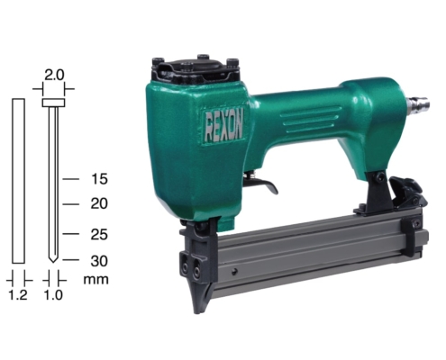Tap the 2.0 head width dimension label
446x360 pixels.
point(54,75)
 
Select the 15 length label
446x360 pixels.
point(99,179)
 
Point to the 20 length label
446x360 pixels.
point(99,203)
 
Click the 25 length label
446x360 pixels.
point(99,234)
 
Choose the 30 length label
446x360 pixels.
point(99,261)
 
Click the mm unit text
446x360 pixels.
point(96,280)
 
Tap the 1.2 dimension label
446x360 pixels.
point(18,295)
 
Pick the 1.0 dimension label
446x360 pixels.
point(53,295)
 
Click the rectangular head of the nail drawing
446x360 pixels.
point(53,103)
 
